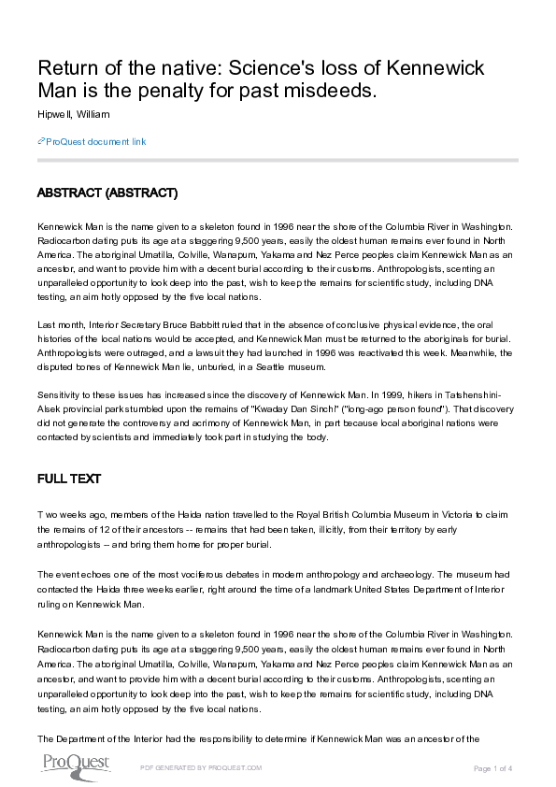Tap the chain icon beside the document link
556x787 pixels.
point(41,142)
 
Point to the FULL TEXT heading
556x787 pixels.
point(68,479)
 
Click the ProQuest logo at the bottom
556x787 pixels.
point(75,764)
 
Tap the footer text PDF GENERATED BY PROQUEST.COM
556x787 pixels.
point(201,767)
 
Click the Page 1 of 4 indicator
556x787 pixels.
point(494,767)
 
